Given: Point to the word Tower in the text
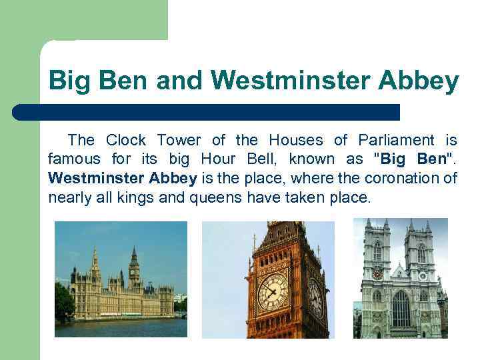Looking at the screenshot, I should pos(179,140).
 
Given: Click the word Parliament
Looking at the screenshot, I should pos(396,140).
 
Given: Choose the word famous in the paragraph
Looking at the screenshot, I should pos(74,159).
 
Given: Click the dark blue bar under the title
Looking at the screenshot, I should pos(207,112).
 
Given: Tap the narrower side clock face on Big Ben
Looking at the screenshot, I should pos(315,297).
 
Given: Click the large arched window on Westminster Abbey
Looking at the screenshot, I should pos(401,308).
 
